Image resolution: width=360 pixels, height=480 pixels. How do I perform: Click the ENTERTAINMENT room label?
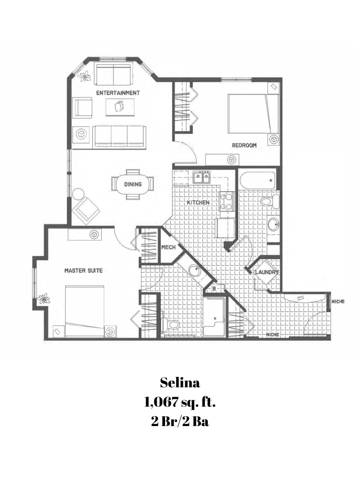(118, 93)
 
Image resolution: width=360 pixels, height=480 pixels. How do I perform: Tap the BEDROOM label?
(244, 145)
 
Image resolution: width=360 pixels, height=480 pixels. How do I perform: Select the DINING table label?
(133, 184)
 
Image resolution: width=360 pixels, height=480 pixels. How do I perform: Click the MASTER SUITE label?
(83, 270)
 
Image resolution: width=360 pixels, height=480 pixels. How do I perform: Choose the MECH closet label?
(168, 247)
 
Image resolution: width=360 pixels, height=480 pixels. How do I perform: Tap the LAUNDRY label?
(268, 272)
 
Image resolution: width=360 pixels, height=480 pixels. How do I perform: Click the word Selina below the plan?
(180, 383)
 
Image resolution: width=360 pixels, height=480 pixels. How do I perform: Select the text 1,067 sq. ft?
(180, 402)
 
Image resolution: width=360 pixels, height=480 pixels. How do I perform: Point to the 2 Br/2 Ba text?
(180, 421)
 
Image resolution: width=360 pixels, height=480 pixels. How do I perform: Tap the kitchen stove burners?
(227, 202)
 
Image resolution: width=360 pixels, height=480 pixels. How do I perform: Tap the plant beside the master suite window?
(44, 298)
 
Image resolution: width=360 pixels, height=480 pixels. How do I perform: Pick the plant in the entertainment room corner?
(84, 75)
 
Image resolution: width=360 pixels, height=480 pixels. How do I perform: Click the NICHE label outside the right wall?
(337, 301)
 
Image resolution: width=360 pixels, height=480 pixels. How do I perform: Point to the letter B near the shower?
(214, 289)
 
